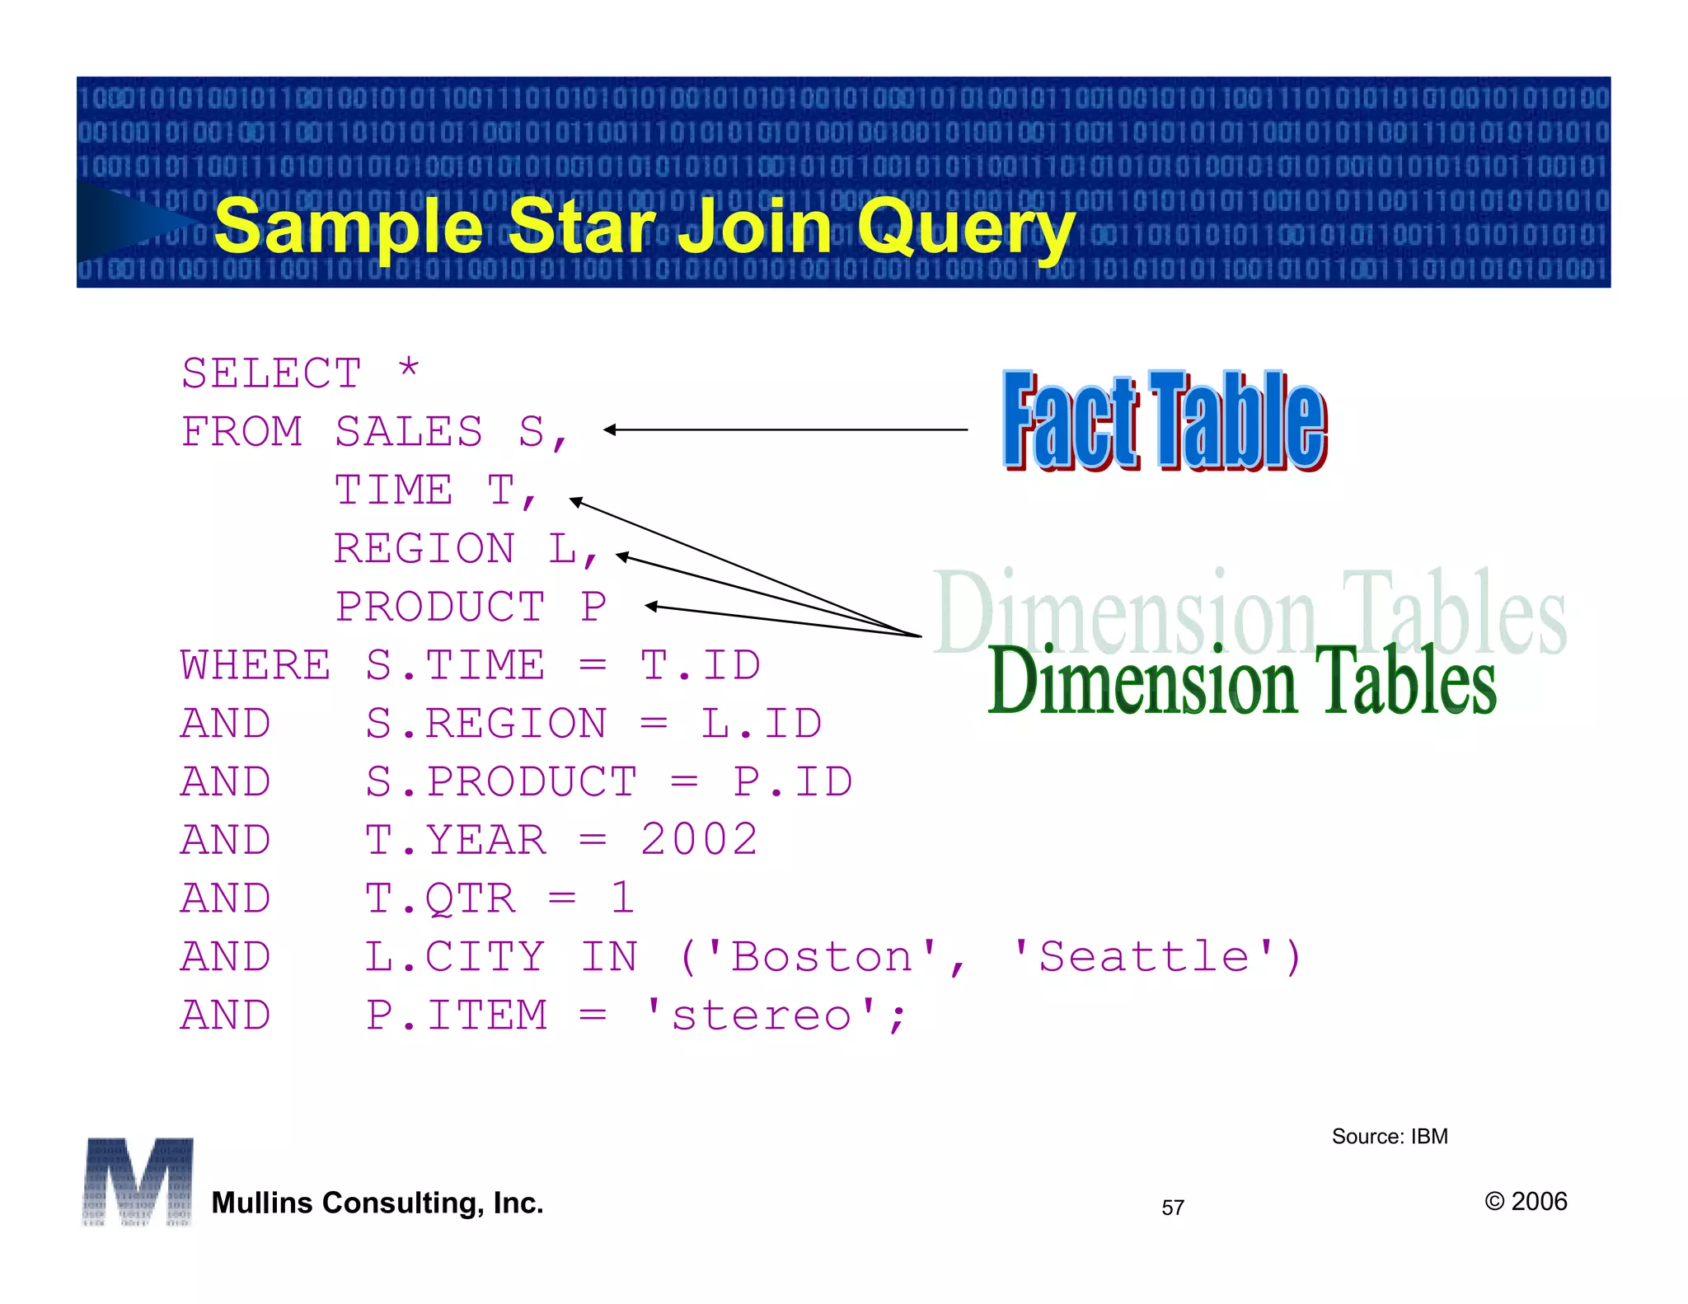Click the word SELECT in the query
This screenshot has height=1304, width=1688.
(x=271, y=373)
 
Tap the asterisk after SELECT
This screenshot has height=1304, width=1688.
(x=409, y=368)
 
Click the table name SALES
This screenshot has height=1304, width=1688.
(x=409, y=432)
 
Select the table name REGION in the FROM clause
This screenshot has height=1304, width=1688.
(x=424, y=549)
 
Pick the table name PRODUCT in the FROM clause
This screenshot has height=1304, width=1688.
(x=440, y=607)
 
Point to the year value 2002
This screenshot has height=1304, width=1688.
(x=699, y=840)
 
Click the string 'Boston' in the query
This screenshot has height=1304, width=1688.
(x=822, y=957)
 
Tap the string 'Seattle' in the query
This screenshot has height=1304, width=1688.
(x=1144, y=957)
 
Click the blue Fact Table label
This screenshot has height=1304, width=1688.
(x=1164, y=421)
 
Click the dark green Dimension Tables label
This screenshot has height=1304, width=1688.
(x=1241, y=681)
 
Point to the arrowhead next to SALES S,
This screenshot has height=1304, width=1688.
(x=610, y=429)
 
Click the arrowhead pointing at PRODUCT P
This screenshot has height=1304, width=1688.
(x=651, y=607)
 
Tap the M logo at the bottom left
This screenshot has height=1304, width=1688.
(x=138, y=1181)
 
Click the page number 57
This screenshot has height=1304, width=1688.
(x=1173, y=1208)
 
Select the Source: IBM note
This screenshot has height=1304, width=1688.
(x=1390, y=1137)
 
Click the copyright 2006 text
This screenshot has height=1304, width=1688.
(x=1526, y=1202)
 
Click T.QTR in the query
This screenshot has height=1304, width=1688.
(x=440, y=898)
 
